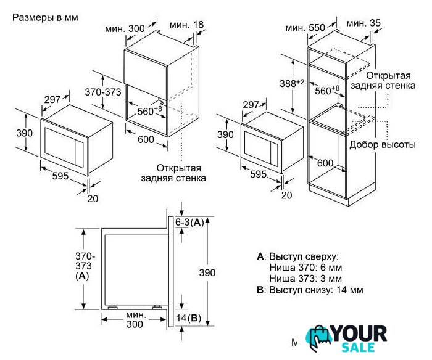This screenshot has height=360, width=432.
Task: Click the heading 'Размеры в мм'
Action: pos(45,18)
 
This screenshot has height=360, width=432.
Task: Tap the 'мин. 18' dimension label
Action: pos(186,25)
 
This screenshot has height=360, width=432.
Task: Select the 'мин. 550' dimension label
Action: pos(305,28)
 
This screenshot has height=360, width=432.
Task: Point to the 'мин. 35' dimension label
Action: pos(363,23)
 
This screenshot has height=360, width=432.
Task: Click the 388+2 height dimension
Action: pos(292,83)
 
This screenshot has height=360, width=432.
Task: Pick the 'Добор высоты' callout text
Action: pos(383,144)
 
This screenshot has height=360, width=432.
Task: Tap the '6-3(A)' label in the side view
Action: pos(189,223)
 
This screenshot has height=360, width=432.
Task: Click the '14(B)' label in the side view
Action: pos(188,318)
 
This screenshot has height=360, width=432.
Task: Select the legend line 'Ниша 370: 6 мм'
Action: pos(305,268)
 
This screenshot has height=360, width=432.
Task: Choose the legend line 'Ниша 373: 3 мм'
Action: pos(305,279)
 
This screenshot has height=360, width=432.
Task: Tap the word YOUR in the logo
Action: pos(359,333)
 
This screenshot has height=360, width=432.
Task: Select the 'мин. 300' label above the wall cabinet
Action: pos(125,28)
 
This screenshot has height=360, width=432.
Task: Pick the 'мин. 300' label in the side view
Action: pos(135,319)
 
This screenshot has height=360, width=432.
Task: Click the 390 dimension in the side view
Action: pos(207,272)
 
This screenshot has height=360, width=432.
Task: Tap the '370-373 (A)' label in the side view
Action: pos(85,266)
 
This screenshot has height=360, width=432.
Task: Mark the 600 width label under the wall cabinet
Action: pos(146,139)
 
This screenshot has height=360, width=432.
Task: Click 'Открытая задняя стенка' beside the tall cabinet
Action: pos(383,80)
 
